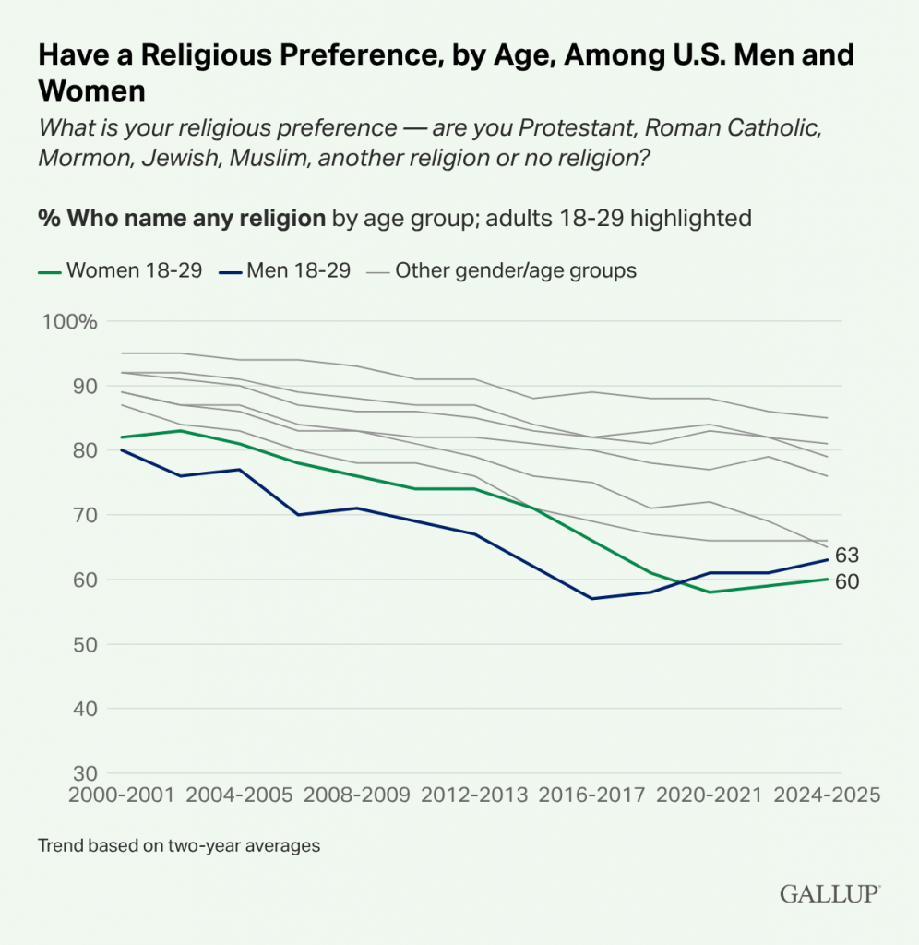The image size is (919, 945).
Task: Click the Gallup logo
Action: (829, 893)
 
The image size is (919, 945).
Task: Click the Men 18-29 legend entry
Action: (285, 271)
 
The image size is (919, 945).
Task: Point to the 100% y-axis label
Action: (69, 322)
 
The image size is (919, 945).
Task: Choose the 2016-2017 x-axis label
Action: (591, 795)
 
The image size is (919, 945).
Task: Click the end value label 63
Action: (848, 556)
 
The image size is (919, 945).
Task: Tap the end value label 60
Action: (848, 582)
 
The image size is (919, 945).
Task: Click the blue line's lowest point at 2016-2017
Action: (591, 599)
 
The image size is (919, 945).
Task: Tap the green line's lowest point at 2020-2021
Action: (709, 592)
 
